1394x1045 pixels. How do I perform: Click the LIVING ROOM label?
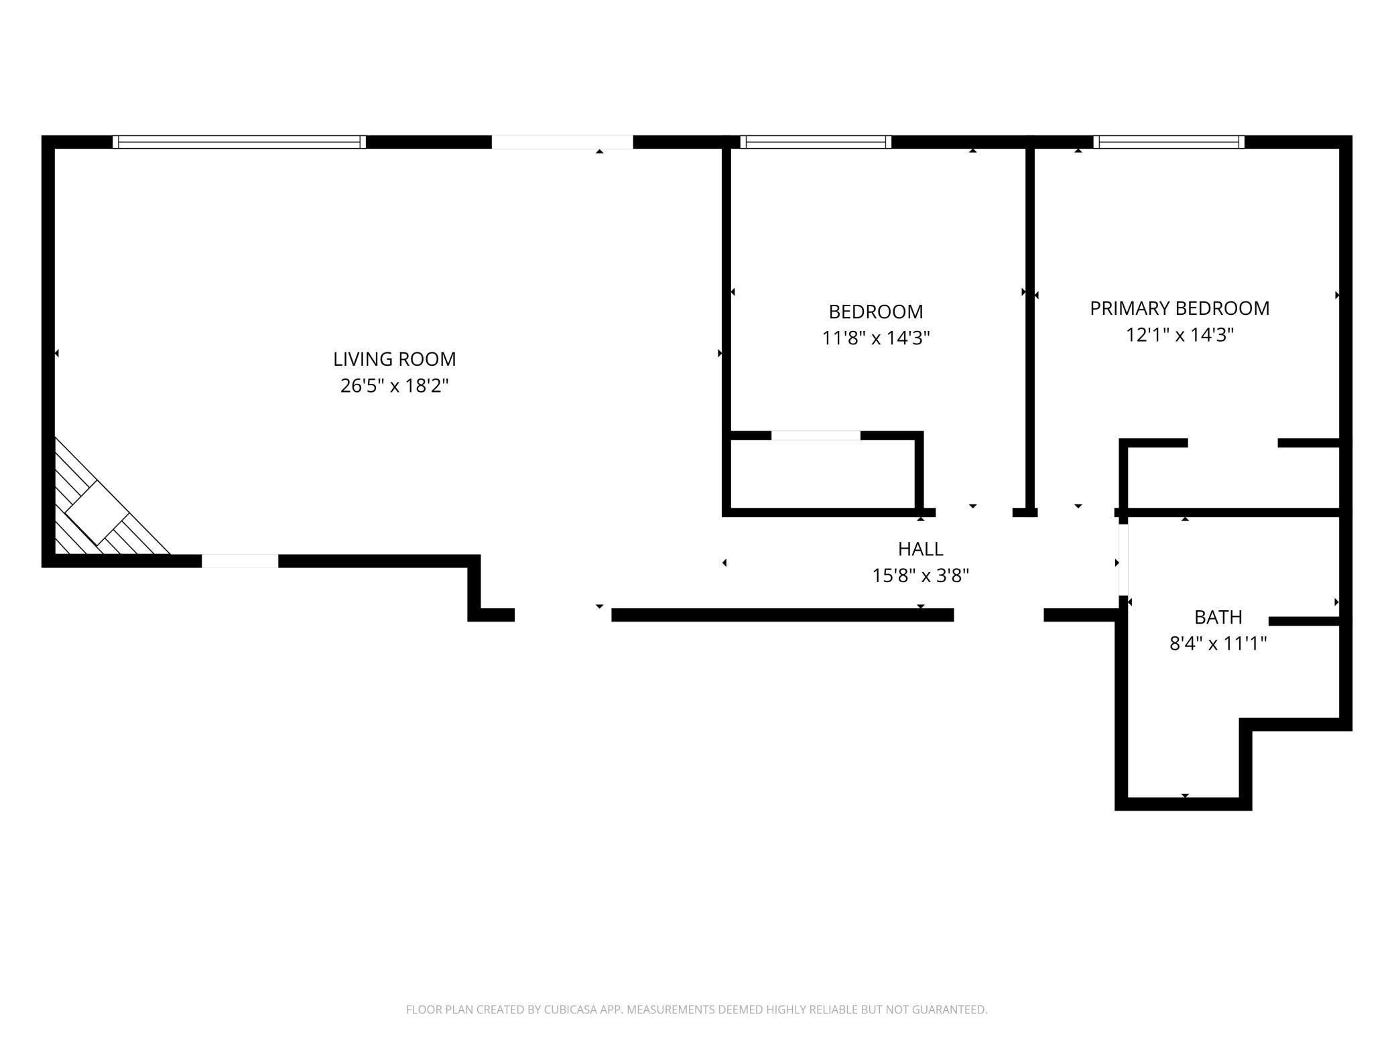click(394, 359)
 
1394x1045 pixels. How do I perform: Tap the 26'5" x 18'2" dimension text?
click(394, 386)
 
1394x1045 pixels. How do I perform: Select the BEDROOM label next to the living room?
click(875, 311)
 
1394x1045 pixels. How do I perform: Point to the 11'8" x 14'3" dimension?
click(875, 338)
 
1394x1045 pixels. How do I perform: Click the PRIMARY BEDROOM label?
click(1180, 308)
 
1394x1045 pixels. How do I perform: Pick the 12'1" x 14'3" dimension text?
click(1180, 335)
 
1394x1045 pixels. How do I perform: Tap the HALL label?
click(920, 549)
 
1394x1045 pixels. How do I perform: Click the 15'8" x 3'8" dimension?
click(920, 575)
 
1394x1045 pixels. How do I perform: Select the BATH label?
click(1218, 617)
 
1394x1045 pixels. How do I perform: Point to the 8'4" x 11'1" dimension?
click(1218, 644)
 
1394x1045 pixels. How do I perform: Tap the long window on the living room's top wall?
click(239, 142)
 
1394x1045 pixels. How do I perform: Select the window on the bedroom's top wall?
click(816, 142)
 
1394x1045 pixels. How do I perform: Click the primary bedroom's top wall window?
click(1169, 142)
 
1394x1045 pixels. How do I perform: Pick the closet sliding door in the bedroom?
click(816, 435)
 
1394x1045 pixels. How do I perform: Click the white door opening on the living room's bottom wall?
click(240, 561)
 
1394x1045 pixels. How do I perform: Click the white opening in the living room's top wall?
click(562, 142)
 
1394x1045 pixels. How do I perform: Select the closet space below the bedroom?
click(822, 474)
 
